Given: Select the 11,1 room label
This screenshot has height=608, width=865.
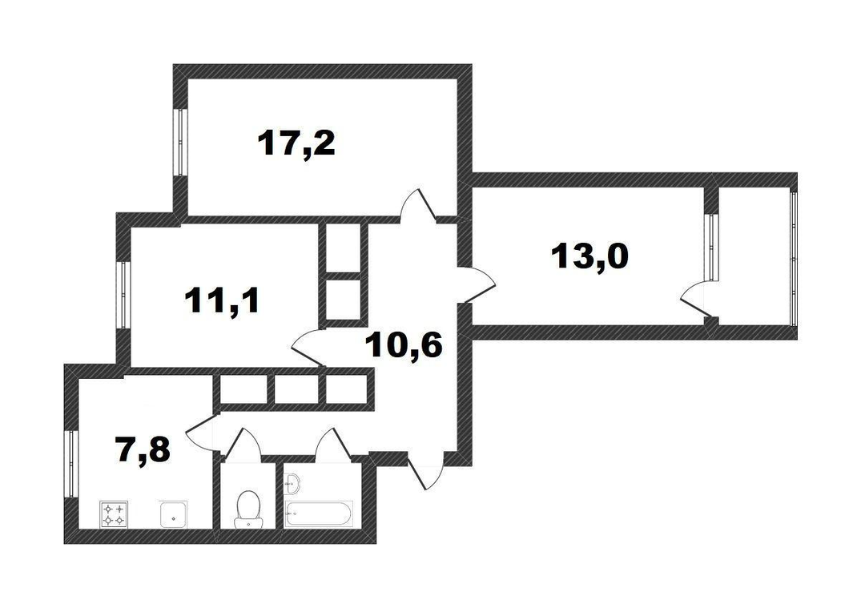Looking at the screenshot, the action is click(223, 301).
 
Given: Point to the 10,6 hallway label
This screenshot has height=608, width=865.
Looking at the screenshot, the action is click(404, 346).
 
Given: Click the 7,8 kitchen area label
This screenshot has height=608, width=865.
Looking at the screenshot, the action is click(143, 449).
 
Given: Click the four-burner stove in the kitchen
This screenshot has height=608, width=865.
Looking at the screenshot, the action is click(114, 514).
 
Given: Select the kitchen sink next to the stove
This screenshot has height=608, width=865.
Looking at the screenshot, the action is click(174, 514).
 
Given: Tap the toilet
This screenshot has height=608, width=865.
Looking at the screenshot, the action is click(247, 509).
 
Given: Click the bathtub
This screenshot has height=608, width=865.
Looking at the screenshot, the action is click(318, 514).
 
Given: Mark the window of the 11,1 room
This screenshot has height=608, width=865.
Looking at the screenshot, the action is click(123, 295).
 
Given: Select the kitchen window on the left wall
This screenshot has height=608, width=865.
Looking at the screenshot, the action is click(70, 464).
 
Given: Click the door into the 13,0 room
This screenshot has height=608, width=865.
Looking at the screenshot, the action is click(477, 284).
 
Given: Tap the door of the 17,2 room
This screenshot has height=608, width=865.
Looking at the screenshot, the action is click(418, 206).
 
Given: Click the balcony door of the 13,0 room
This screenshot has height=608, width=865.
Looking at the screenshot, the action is click(697, 300).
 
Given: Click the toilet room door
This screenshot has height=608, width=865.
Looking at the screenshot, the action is click(240, 442).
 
